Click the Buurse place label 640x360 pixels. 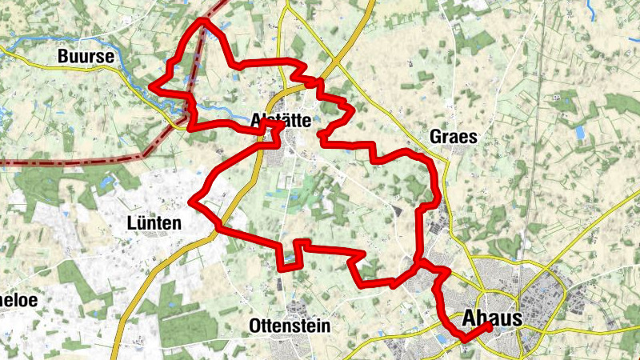(x=83, y=57)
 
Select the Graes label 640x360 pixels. (x=453, y=137)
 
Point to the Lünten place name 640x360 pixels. (x=154, y=223)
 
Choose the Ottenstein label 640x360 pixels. (x=290, y=326)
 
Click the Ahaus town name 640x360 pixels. (x=492, y=318)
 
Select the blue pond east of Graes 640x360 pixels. (x=579, y=133)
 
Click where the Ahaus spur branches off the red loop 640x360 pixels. (x=418, y=262)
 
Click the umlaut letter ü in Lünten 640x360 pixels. (x=142, y=223)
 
